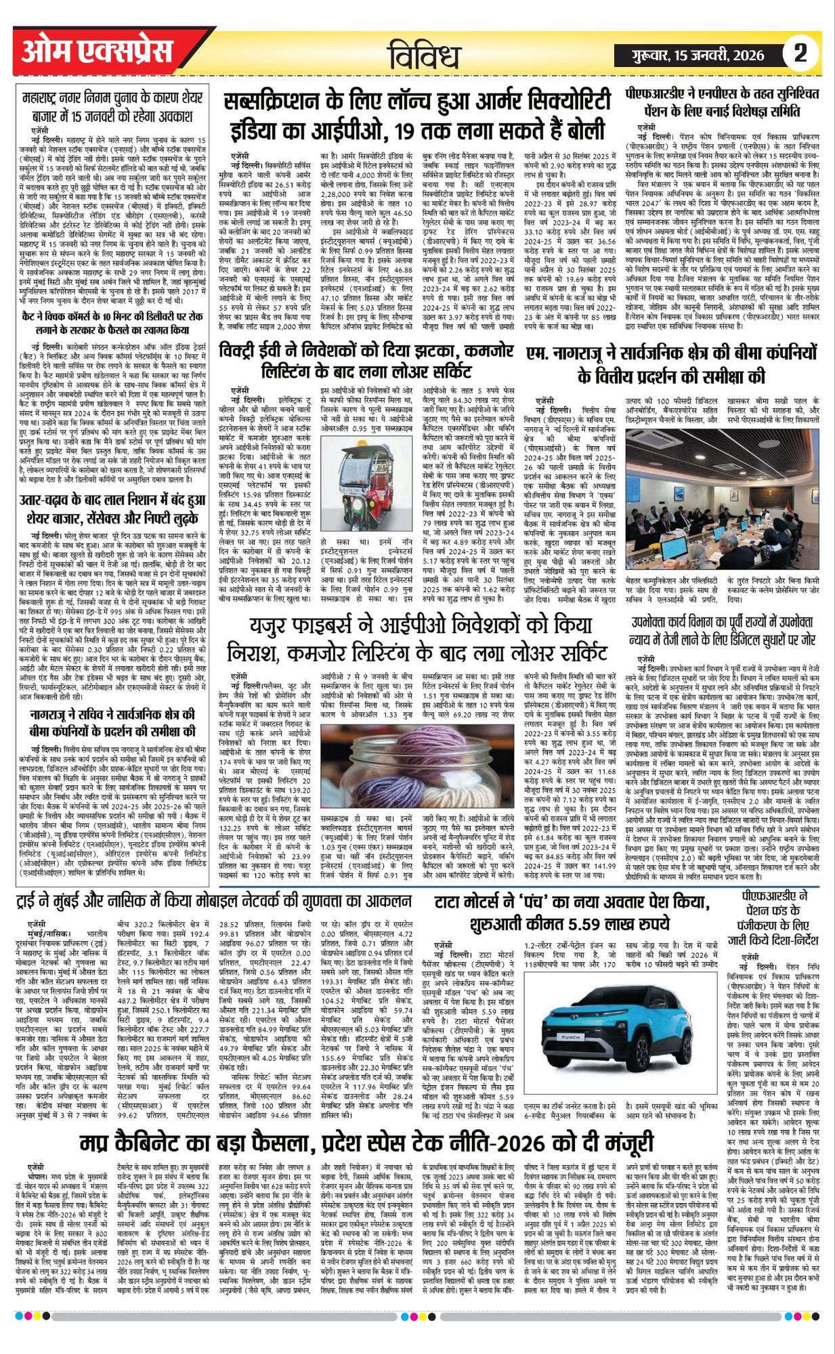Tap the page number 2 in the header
click(x=800, y=53)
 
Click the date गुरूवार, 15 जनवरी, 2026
click(x=698, y=55)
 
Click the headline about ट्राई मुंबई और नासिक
click(x=215, y=902)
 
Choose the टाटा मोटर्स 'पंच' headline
click(x=572, y=913)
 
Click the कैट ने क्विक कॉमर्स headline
click(x=112, y=322)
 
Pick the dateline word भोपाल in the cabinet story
click(x=46, y=1169)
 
